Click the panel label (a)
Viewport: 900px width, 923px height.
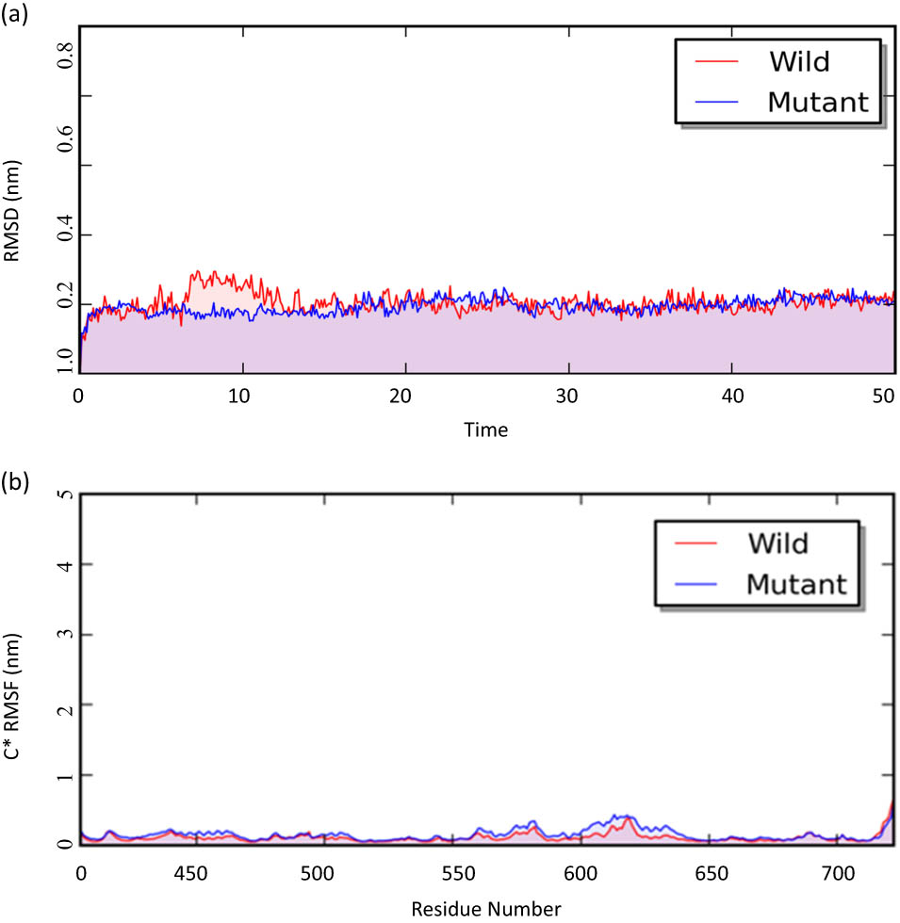16,16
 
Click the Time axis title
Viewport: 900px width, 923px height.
485,430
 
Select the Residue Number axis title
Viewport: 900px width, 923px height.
485,909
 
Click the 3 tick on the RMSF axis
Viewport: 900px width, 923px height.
64,634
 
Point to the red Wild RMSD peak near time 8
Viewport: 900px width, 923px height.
197,273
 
